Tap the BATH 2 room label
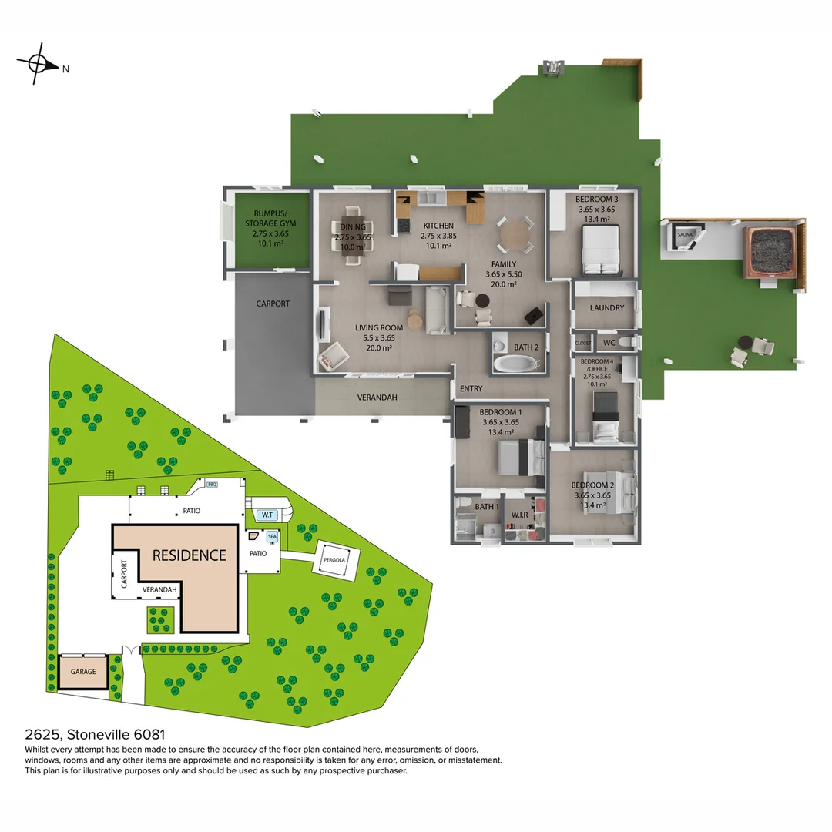click(526, 347)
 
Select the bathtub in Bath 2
click(516, 364)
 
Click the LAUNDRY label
click(606, 308)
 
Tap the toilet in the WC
click(628, 341)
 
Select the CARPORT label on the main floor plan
click(273, 304)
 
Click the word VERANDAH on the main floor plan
click(377, 398)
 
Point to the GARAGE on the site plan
click(83, 672)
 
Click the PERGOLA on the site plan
click(339, 559)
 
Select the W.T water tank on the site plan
click(268, 514)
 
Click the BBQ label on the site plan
click(212, 485)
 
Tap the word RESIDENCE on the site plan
click(189, 555)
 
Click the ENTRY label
click(471, 389)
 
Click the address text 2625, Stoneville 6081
click(96, 736)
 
